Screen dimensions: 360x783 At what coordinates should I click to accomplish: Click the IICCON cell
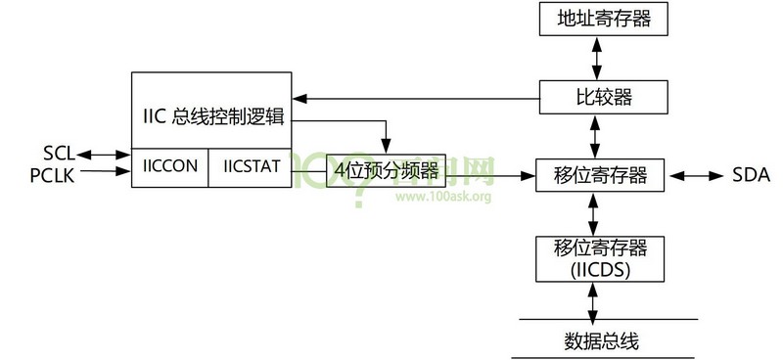pyautogui.click(x=170, y=166)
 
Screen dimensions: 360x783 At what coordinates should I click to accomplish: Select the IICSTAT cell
pyautogui.click(x=250, y=166)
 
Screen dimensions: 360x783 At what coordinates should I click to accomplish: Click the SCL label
pyautogui.click(x=58, y=155)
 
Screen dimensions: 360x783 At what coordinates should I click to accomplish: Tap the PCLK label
pyautogui.click(x=54, y=174)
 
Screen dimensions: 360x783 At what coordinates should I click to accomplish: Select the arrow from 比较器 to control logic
pyautogui.click(x=416, y=97)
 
